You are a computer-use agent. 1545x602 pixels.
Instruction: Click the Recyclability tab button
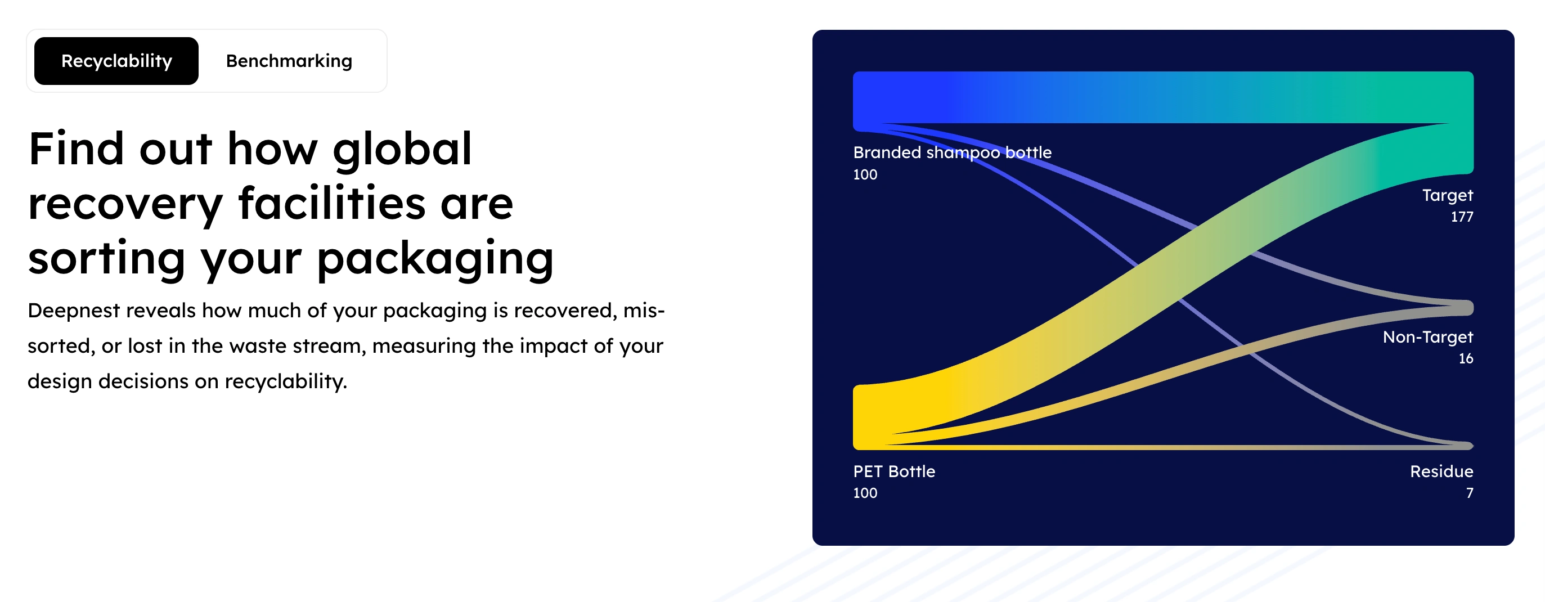click(116, 61)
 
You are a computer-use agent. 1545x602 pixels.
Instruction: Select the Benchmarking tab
click(289, 61)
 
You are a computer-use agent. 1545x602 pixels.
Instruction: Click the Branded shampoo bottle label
click(953, 153)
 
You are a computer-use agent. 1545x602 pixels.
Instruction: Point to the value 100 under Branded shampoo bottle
click(865, 174)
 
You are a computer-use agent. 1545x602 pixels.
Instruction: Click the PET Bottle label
click(894, 471)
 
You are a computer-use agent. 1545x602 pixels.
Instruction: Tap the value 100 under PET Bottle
click(865, 493)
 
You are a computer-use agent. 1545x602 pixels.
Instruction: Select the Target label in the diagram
click(1447, 195)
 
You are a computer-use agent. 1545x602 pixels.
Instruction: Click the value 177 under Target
click(1462, 217)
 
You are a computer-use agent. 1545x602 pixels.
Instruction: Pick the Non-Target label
click(1427, 337)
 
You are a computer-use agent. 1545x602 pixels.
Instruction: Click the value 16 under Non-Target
click(1466, 358)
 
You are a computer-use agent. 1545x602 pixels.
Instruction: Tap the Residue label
click(1441, 471)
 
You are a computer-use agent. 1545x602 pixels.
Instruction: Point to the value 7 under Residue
click(1470, 493)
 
